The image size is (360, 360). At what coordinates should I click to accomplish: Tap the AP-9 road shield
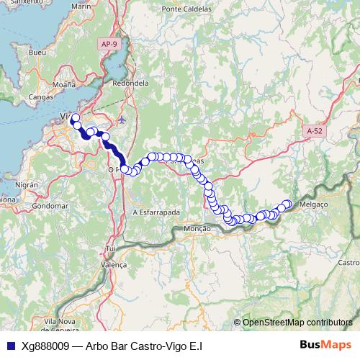[109, 44]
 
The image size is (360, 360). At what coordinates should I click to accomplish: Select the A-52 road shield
[315, 131]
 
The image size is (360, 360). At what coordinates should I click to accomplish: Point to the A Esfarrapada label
[156, 212]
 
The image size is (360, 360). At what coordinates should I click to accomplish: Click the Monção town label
[197, 228]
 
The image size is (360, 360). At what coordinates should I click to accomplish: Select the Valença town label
[114, 265]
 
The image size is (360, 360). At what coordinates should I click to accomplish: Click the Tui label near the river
[110, 248]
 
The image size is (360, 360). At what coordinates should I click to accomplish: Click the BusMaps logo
[325, 345]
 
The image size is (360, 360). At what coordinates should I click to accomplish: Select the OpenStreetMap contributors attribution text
[297, 323]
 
